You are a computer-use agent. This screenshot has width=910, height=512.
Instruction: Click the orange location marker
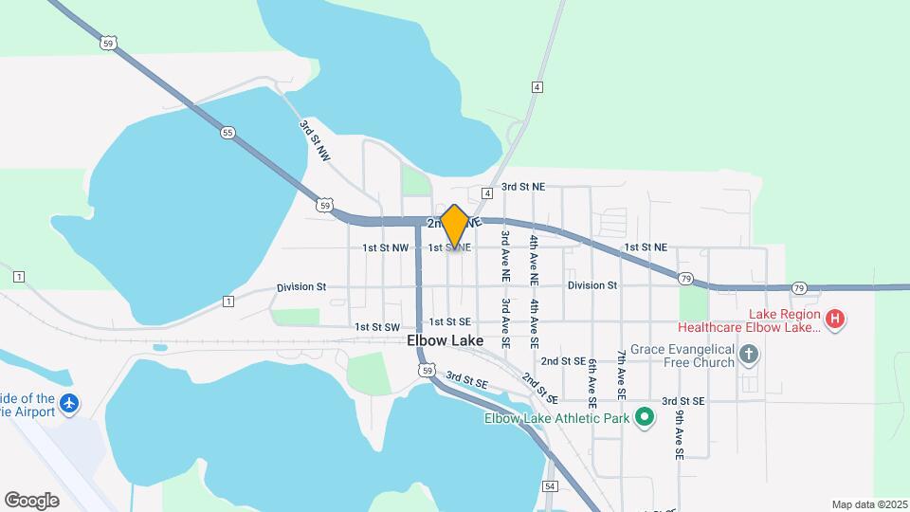click(455, 226)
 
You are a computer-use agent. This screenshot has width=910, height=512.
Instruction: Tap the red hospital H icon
click(834, 320)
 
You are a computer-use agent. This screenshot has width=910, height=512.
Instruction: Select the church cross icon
click(749, 355)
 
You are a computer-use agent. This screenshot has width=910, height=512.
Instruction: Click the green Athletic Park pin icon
click(645, 417)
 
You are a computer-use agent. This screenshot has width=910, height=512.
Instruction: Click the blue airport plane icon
click(68, 404)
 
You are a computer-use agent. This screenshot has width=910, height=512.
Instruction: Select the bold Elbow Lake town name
click(445, 340)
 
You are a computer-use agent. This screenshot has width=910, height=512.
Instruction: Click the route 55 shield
click(227, 133)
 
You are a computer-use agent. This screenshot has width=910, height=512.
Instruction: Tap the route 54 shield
click(550, 486)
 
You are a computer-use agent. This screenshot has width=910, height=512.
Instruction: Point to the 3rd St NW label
click(314, 140)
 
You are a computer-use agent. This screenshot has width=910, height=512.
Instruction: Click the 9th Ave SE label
click(680, 435)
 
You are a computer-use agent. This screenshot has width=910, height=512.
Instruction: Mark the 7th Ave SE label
click(621, 373)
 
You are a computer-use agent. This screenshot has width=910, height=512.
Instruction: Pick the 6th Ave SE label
click(591, 382)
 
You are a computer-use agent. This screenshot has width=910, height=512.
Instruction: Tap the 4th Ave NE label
click(535, 258)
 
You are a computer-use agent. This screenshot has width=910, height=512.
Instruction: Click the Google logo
click(31, 501)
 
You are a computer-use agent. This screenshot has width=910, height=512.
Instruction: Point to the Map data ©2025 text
click(869, 504)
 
